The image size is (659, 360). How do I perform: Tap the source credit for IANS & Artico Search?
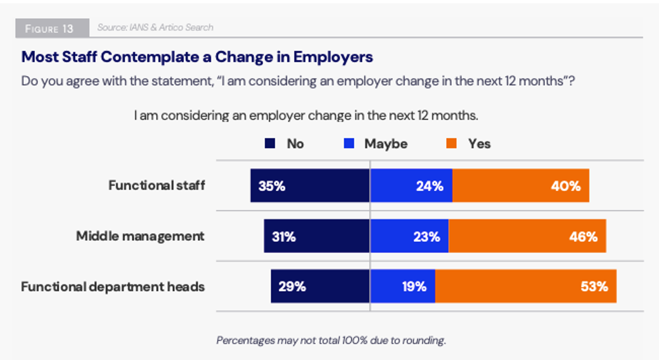tap(155, 28)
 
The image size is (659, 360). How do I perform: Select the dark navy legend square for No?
tap(270, 143)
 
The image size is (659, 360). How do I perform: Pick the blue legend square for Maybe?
tap(349, 143)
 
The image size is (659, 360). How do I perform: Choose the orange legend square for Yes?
tap(451, 143)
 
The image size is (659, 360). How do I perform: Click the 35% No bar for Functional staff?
tap(310, 185)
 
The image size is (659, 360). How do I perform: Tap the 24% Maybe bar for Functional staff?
tap(411, 185)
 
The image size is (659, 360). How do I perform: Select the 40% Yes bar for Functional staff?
tap(521, 185)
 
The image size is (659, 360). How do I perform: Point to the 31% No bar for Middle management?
tap(317, 236)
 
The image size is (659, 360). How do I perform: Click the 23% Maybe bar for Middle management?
tap(409, 236)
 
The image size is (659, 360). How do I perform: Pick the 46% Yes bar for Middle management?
tap(527, 236)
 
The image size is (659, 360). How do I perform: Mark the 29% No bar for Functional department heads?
tap(320, 286)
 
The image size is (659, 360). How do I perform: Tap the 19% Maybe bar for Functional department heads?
tap(402, 286)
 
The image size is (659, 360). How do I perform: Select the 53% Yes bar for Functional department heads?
tap(526, 286)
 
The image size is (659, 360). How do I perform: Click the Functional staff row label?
tap(157, 185)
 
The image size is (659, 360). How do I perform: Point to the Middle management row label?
tap(140, 236)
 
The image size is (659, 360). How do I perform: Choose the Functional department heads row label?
tap(113, 287)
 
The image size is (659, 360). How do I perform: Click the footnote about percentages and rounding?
tap(331, 340)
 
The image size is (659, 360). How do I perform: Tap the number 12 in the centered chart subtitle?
tap(423, 115)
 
